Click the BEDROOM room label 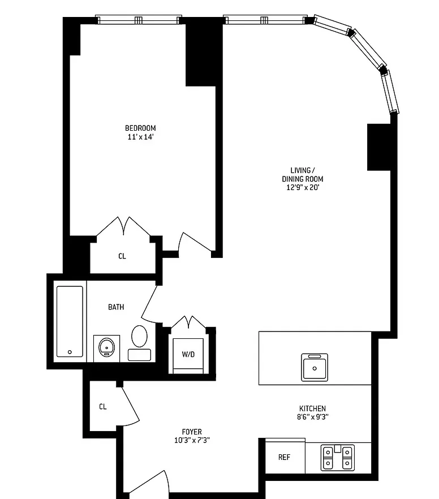[140, 128]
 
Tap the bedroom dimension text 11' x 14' [140, 137]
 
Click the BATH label [116, 307]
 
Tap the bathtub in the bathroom [70, 321]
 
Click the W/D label [188, 355]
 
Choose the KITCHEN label [312, 408]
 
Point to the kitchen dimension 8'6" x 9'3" [312, 418]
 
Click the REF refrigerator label [284, 457]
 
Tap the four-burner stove [337, 458]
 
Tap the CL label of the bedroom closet [122, 256]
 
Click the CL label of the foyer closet [103, 406]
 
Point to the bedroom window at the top [139, 20]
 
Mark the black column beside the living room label [378, 147]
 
